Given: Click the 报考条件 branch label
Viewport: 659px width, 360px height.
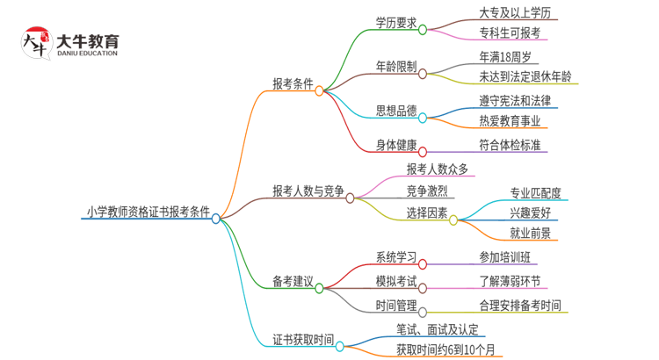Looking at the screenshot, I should click(293, 83).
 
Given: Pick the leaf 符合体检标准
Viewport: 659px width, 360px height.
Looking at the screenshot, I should click(509, 145).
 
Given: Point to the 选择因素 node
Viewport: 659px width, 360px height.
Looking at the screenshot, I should click(426, 213).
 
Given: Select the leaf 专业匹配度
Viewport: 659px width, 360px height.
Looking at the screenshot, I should click(535, 193).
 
